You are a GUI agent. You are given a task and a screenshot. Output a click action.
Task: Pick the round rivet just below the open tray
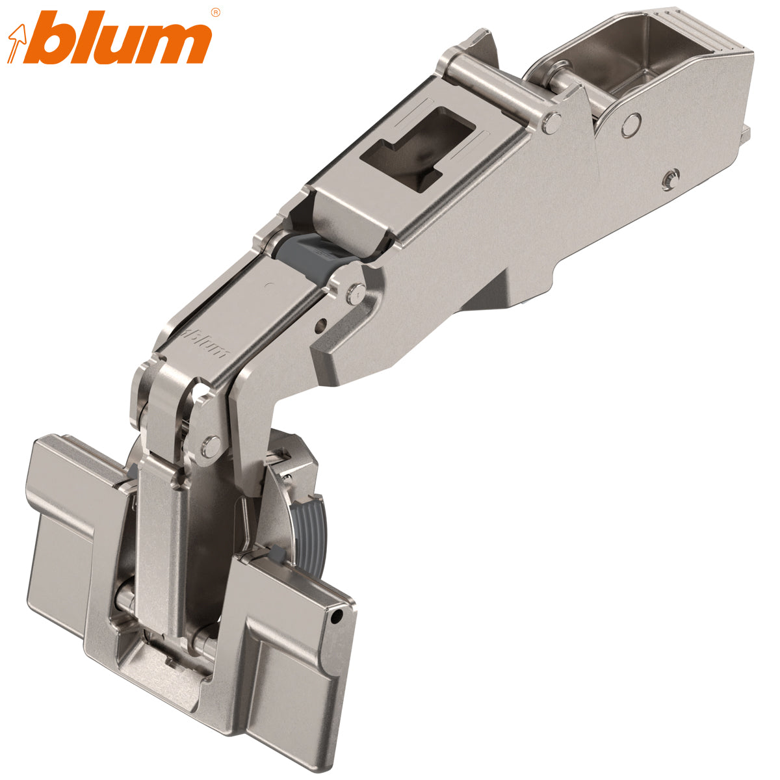[630, 123]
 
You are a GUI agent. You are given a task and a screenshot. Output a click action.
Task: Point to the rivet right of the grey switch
[355, 294]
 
